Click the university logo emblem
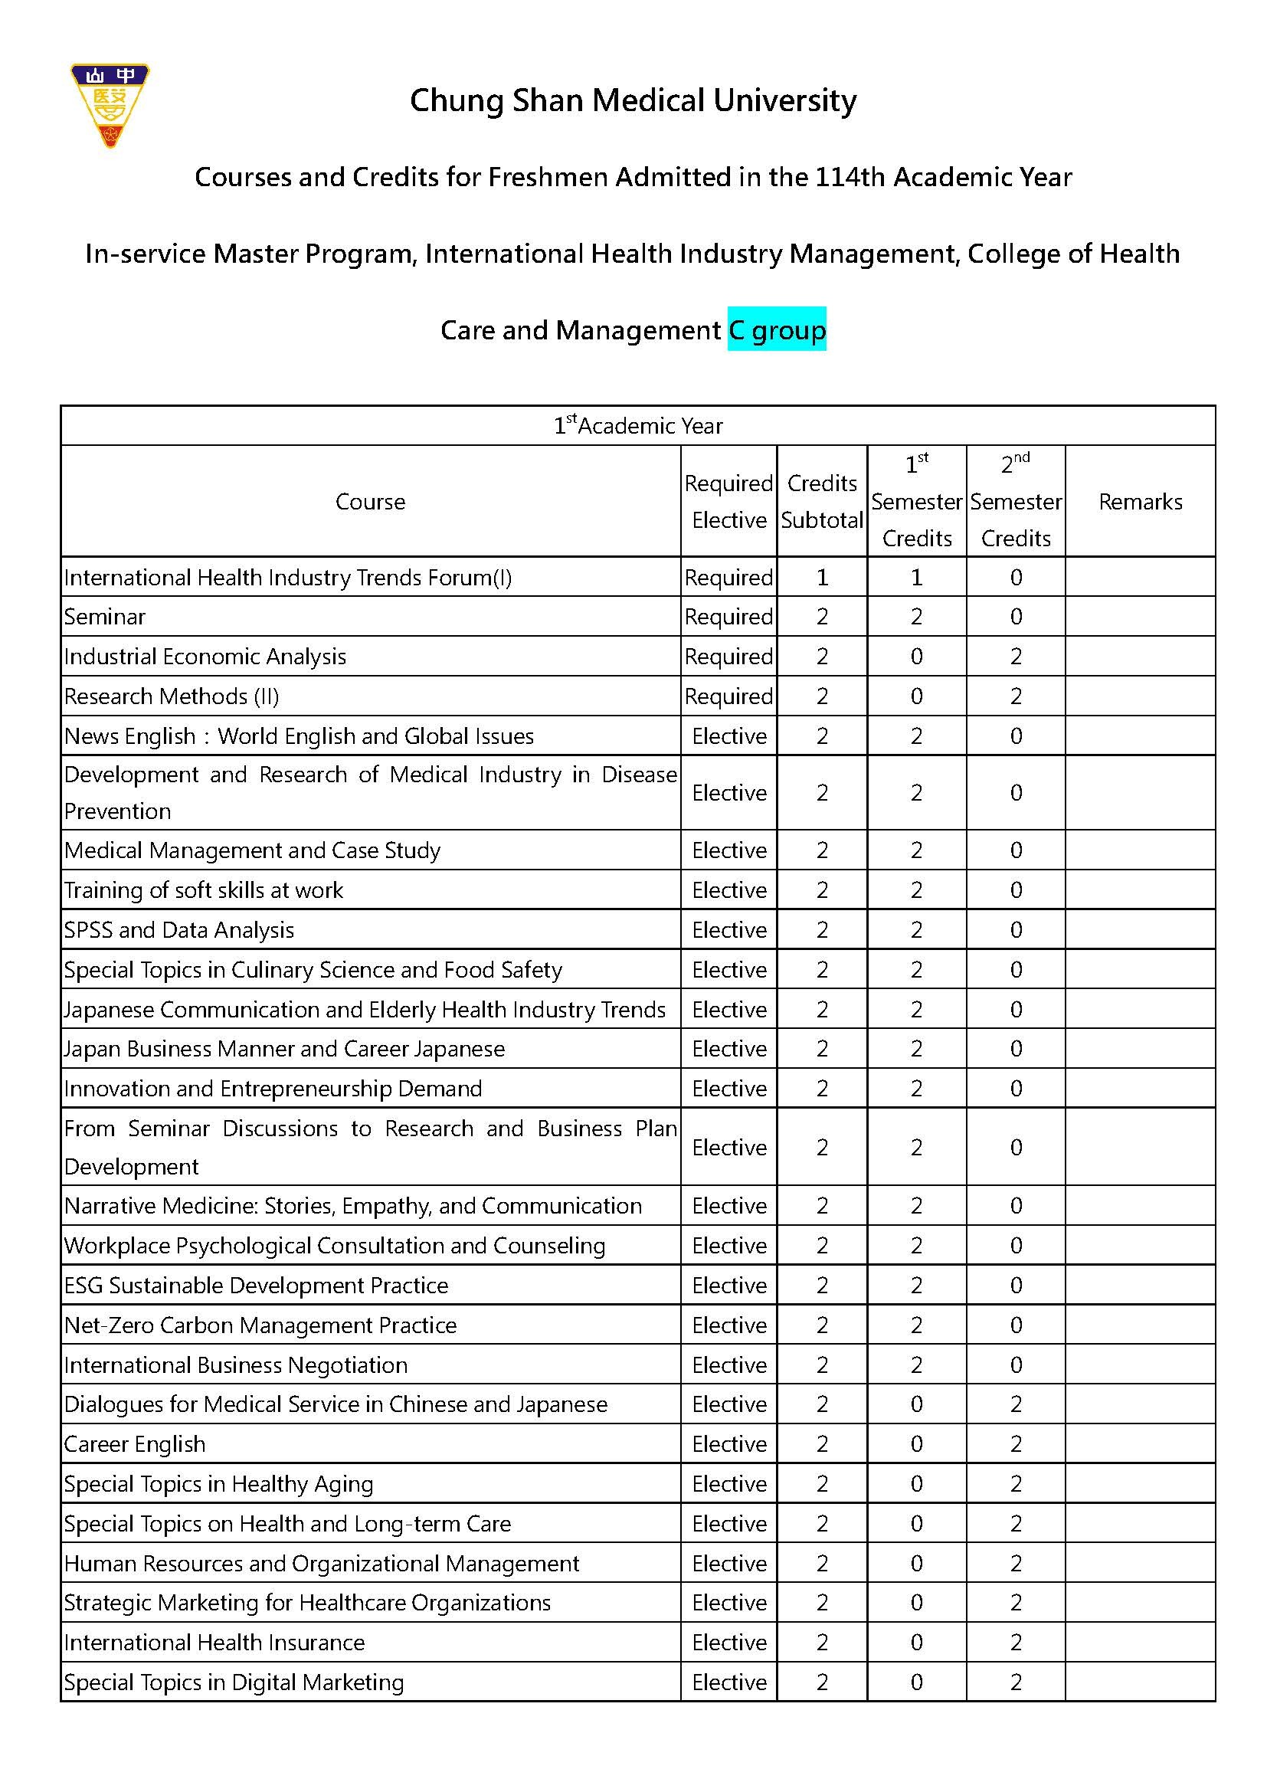click(x=110, y=106)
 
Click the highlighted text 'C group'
click(x=776, y=329)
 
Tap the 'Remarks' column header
click(x=1140, y=501)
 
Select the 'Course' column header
click(x=370, y=501)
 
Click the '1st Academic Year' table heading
click(x=637, y=425)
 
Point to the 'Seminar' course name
click(x=104, y=617)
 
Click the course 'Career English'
click(x=134, y=1444)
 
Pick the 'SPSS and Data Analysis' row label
click(x=178, y=929)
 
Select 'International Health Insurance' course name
click(x=214, y=1642)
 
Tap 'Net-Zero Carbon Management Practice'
click(x=260, y=1325)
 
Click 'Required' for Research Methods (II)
click(x=728, y=696)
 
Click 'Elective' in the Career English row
click(x=728, y=1444)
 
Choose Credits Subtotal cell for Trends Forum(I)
click(x=821, y=578)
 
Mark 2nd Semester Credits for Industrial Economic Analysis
click(x=1015, y=657)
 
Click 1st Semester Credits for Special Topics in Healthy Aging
click(x=916, y=1484)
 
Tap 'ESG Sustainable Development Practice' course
click(x=256, y=1285)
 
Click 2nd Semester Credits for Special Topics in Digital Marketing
click(x=1015, y=1682)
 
